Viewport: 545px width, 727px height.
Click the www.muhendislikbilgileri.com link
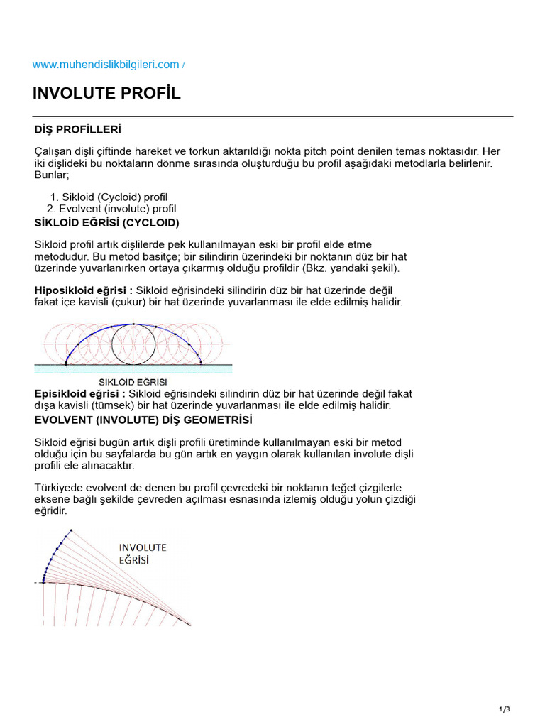pyautogui.click(x=106, y=65)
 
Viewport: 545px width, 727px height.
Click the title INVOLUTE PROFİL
pyautogui.click(x=106, y=94)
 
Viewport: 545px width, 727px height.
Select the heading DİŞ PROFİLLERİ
pyautogui.click(x=78, y=130)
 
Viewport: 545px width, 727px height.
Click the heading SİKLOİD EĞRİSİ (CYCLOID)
pyautogui.click(x=112, y=223)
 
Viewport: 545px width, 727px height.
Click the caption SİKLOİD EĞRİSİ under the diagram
pyautogui.click(x=133, y=382)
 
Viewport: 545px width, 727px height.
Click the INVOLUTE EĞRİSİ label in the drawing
pyautogui.click(x=142, y=553)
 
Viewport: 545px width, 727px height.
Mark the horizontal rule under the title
pyautogui.click(x=272, y=116)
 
